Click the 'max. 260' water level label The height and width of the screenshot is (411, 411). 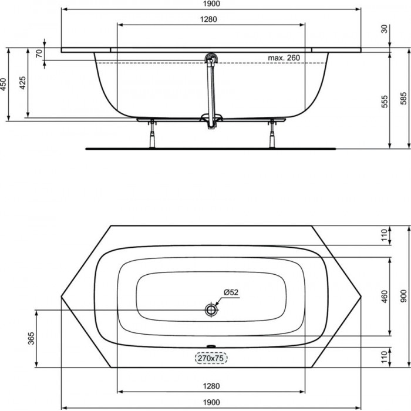(284, 58)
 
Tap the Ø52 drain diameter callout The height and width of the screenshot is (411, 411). (231, 292)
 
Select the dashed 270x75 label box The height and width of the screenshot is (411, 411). (211, 358)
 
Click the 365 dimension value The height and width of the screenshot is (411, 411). (31, 338)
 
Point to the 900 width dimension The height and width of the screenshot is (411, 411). (404, 296)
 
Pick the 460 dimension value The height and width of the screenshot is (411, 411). (384, 296)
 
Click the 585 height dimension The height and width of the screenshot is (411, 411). (404, 98)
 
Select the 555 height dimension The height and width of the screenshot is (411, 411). (384, 102)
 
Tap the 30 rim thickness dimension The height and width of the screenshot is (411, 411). (384, 29)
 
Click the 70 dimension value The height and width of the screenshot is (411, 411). (39, 53)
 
